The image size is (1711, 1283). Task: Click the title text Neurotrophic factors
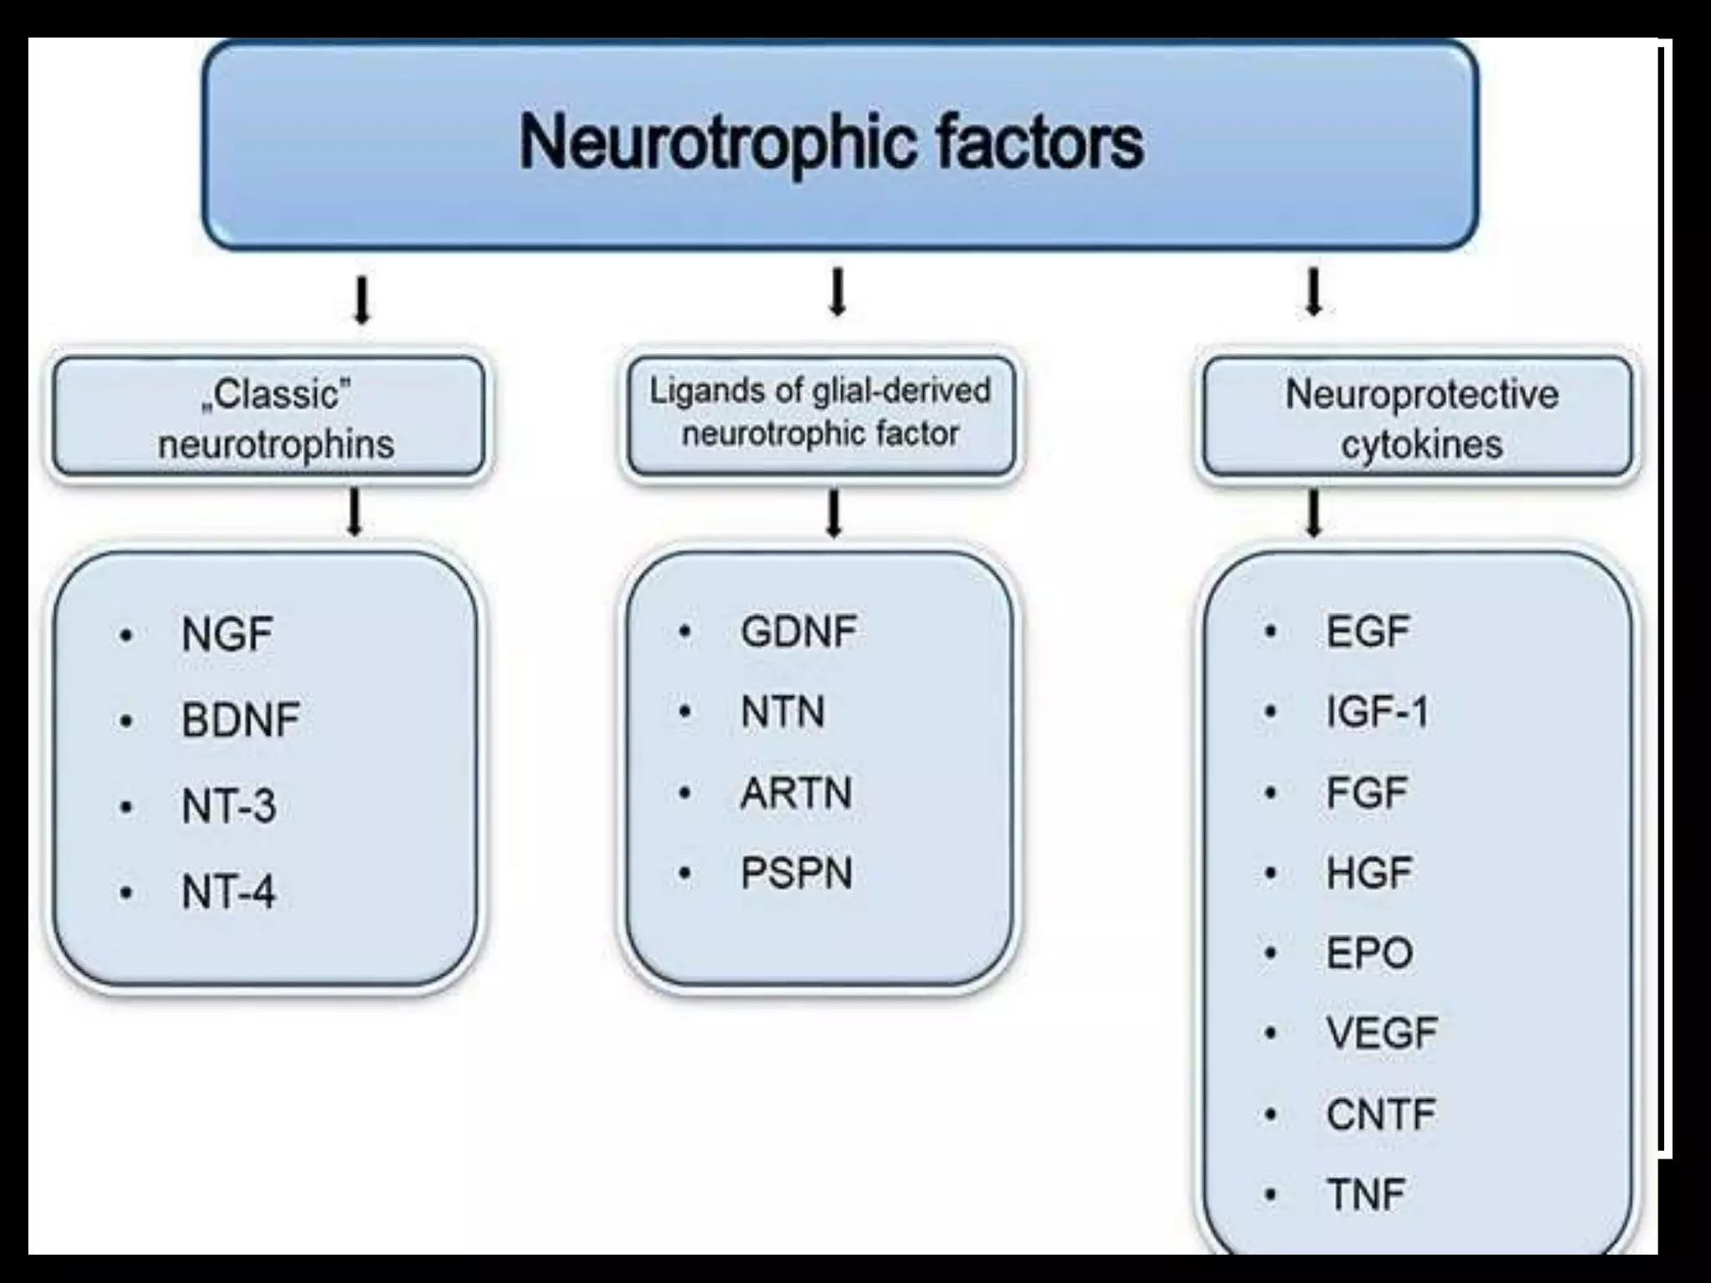point(831,143)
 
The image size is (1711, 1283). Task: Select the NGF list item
point(226,635)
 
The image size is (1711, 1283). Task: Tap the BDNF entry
point(241,720)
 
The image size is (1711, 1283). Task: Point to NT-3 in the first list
point(228,807)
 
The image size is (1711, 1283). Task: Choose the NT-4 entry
point(228,892)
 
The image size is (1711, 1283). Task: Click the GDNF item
point(798,631)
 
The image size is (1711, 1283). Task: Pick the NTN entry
point(782,712)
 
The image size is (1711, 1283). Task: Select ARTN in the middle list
point(795,793)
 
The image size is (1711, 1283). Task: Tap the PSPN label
point(795,874)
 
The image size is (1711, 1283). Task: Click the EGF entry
point(1368,631)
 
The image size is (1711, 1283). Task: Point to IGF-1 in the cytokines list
point(1378,712)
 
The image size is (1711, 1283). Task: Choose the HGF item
point(1368,874)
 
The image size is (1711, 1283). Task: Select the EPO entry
point(1369,953)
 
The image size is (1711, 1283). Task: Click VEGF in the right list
point(1382,1033)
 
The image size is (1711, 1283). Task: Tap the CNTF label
point(1380,1114)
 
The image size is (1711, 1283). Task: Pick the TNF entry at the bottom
point(1365,1194)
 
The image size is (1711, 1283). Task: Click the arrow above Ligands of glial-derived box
point(837,292)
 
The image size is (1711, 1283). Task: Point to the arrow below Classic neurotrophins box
point(355,512)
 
